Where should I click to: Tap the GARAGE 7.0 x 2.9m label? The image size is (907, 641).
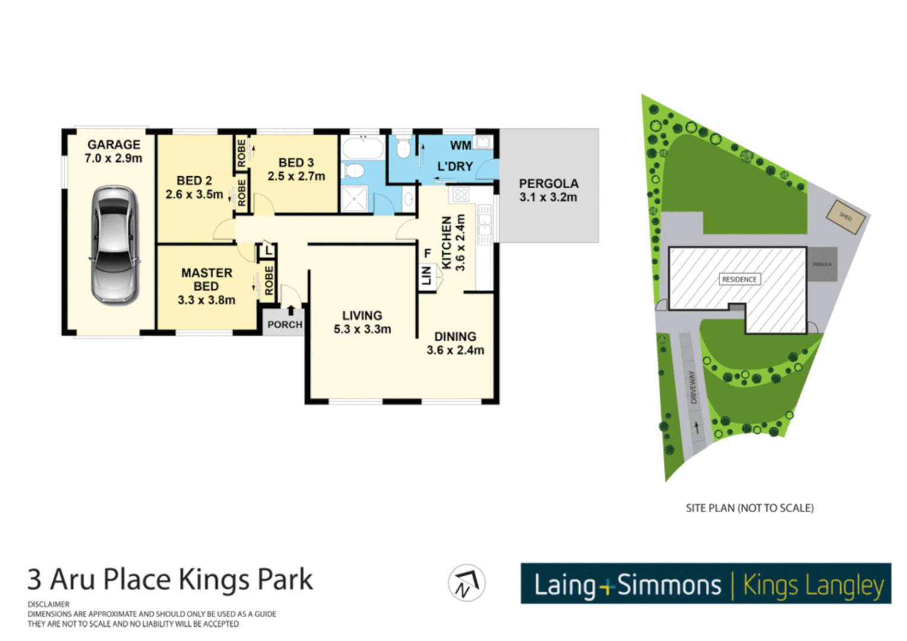tap(113, 151)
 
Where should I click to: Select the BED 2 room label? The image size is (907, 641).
tap(194, 180)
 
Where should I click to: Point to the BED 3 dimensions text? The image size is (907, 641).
tap(296, 176)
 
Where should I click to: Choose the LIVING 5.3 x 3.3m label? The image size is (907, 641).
tap(362, 322)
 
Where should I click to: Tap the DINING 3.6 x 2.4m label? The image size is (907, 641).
tap(455, 344)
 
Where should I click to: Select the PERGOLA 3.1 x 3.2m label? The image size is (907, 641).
tap(548, 191)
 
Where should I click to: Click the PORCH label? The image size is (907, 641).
tap(284, 325)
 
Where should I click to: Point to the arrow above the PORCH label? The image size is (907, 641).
tap(291, 310)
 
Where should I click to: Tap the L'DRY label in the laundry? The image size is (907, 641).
tap(455, 167)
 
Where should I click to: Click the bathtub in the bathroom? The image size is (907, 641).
tap(363, 147)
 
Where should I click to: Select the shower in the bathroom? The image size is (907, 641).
tap(354, 198)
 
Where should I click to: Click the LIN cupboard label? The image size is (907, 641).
tap(426, 276)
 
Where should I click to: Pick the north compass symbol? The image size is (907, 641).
tap(467, 583)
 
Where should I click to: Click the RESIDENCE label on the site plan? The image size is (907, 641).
tap(739, 279)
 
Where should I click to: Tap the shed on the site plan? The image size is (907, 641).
tap(846, 217)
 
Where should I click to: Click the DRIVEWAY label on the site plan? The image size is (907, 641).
tap(692, 388)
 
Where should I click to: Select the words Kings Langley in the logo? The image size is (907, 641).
tap(813, 585)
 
